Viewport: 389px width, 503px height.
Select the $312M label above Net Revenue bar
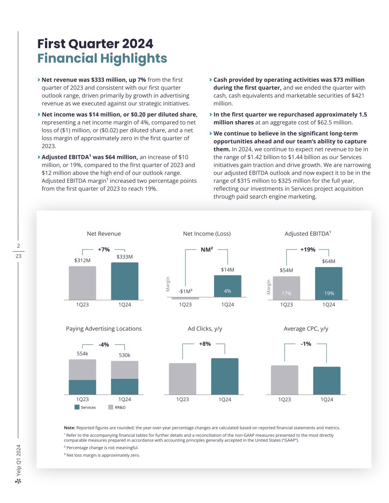click(x=82, y=260)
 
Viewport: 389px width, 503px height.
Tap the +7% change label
click(x=104, y=249)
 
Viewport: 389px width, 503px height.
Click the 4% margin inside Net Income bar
click(x=228, y=291)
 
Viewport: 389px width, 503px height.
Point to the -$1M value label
click(x=185, y=291)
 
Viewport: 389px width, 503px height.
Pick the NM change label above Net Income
click(x=206, y=249)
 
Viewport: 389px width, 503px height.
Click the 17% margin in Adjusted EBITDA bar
click(x=286, y=293)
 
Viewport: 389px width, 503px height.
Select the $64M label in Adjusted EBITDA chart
click(x=329, y=261)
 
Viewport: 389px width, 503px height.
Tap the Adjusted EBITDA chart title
click(x=308, y=234)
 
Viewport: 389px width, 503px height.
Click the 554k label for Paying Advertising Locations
click(x=82, y=354)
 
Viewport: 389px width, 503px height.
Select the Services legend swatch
click(x=77, y=407)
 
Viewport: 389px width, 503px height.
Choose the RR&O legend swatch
click(x=111, y=407)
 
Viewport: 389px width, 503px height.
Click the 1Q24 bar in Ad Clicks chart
click(x=225, y=376)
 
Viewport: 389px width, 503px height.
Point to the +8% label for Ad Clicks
click(x=205, y=344)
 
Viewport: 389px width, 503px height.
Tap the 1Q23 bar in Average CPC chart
click(x=284, y=380)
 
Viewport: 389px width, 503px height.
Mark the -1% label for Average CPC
click(x=306, y=344)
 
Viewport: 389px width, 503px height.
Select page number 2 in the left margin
click(x=18, y=246)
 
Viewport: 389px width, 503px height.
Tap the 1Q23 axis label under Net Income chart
click(x=185, y=304)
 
